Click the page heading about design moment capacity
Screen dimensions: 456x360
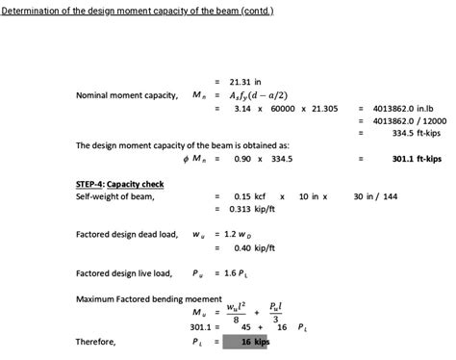[138, 13]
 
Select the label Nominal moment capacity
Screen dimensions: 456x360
[126, 95]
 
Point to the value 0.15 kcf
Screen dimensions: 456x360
[249, 195]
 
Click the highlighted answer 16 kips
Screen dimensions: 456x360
[254, 342]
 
